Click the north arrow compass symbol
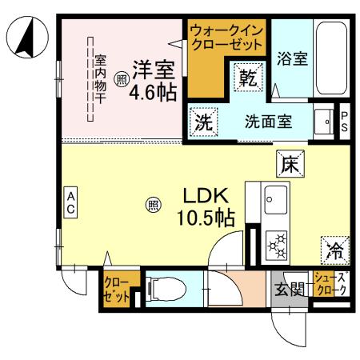pos(26,41)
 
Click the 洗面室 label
pos(267,123)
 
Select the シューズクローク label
pos(330,284)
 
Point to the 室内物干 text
pos(100,78)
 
